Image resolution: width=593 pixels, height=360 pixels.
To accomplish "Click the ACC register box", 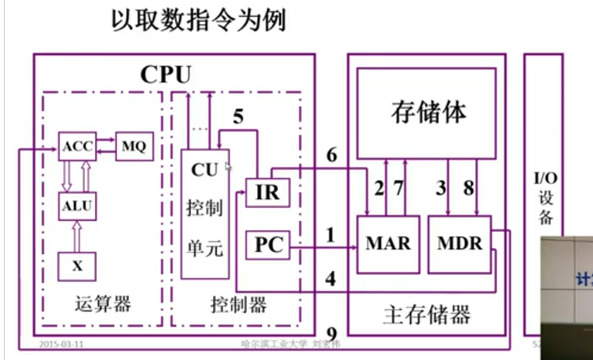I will coord(77,147).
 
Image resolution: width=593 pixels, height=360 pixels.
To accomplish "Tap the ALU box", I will coord(77,207).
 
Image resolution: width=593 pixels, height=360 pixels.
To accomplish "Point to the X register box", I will coord(77,266).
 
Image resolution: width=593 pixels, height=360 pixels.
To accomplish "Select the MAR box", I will coord(388,244).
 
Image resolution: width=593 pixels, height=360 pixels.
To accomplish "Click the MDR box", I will coord(459,244).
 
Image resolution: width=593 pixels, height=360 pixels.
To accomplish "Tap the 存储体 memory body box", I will coord(428,112).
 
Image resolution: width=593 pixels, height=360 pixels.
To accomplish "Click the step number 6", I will coord(332,156).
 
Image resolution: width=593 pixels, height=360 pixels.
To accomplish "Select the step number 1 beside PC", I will coord(329,235).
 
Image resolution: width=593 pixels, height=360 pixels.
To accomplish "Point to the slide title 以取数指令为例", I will coord(198,22).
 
